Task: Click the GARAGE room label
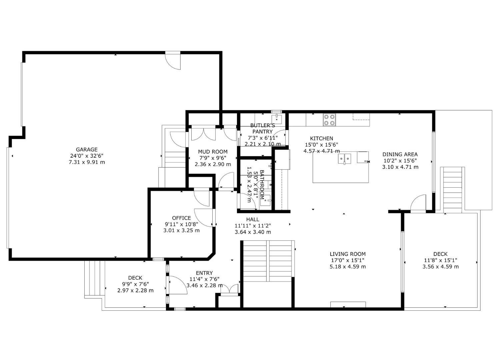(x=87, y=150)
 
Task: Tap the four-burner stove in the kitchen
(x=329, y=120)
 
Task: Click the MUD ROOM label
(x=213, y=152)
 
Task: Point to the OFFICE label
(x=181, y=218)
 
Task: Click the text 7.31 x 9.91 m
(x=87, y=162)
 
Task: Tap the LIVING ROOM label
(x=348, y=254)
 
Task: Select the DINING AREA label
(x=400, y=154)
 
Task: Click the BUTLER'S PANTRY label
(x=263, y=128)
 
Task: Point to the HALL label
(x=253, y=219)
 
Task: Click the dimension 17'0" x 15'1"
(x=348, y=260)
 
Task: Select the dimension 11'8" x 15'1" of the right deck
(x=440, y=260)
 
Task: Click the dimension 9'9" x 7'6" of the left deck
(x=135, y=284)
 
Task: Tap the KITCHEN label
(x=321, y=138)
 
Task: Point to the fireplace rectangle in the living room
(x=348, y=304)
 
